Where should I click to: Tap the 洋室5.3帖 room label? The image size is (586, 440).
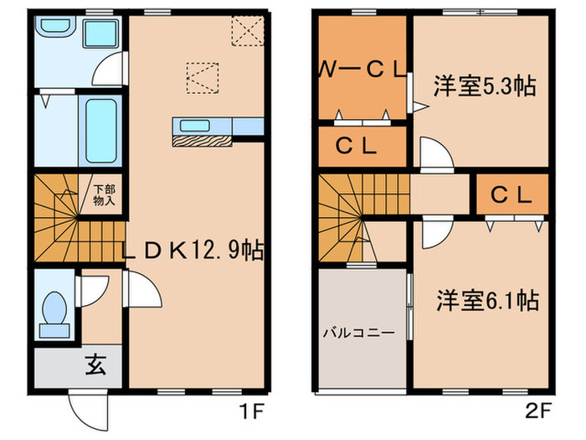pyautogui.click(x=485, y=86)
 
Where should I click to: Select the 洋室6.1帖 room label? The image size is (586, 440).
pyautogui.click(x=486, y=298)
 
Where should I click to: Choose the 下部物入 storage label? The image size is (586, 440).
pyautogui.click(x=104, y=195)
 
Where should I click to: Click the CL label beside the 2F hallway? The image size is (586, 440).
pyautogui.click(x=511, y=196)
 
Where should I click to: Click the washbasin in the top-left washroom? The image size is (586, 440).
pyautogui.click(x=56, y=31)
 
